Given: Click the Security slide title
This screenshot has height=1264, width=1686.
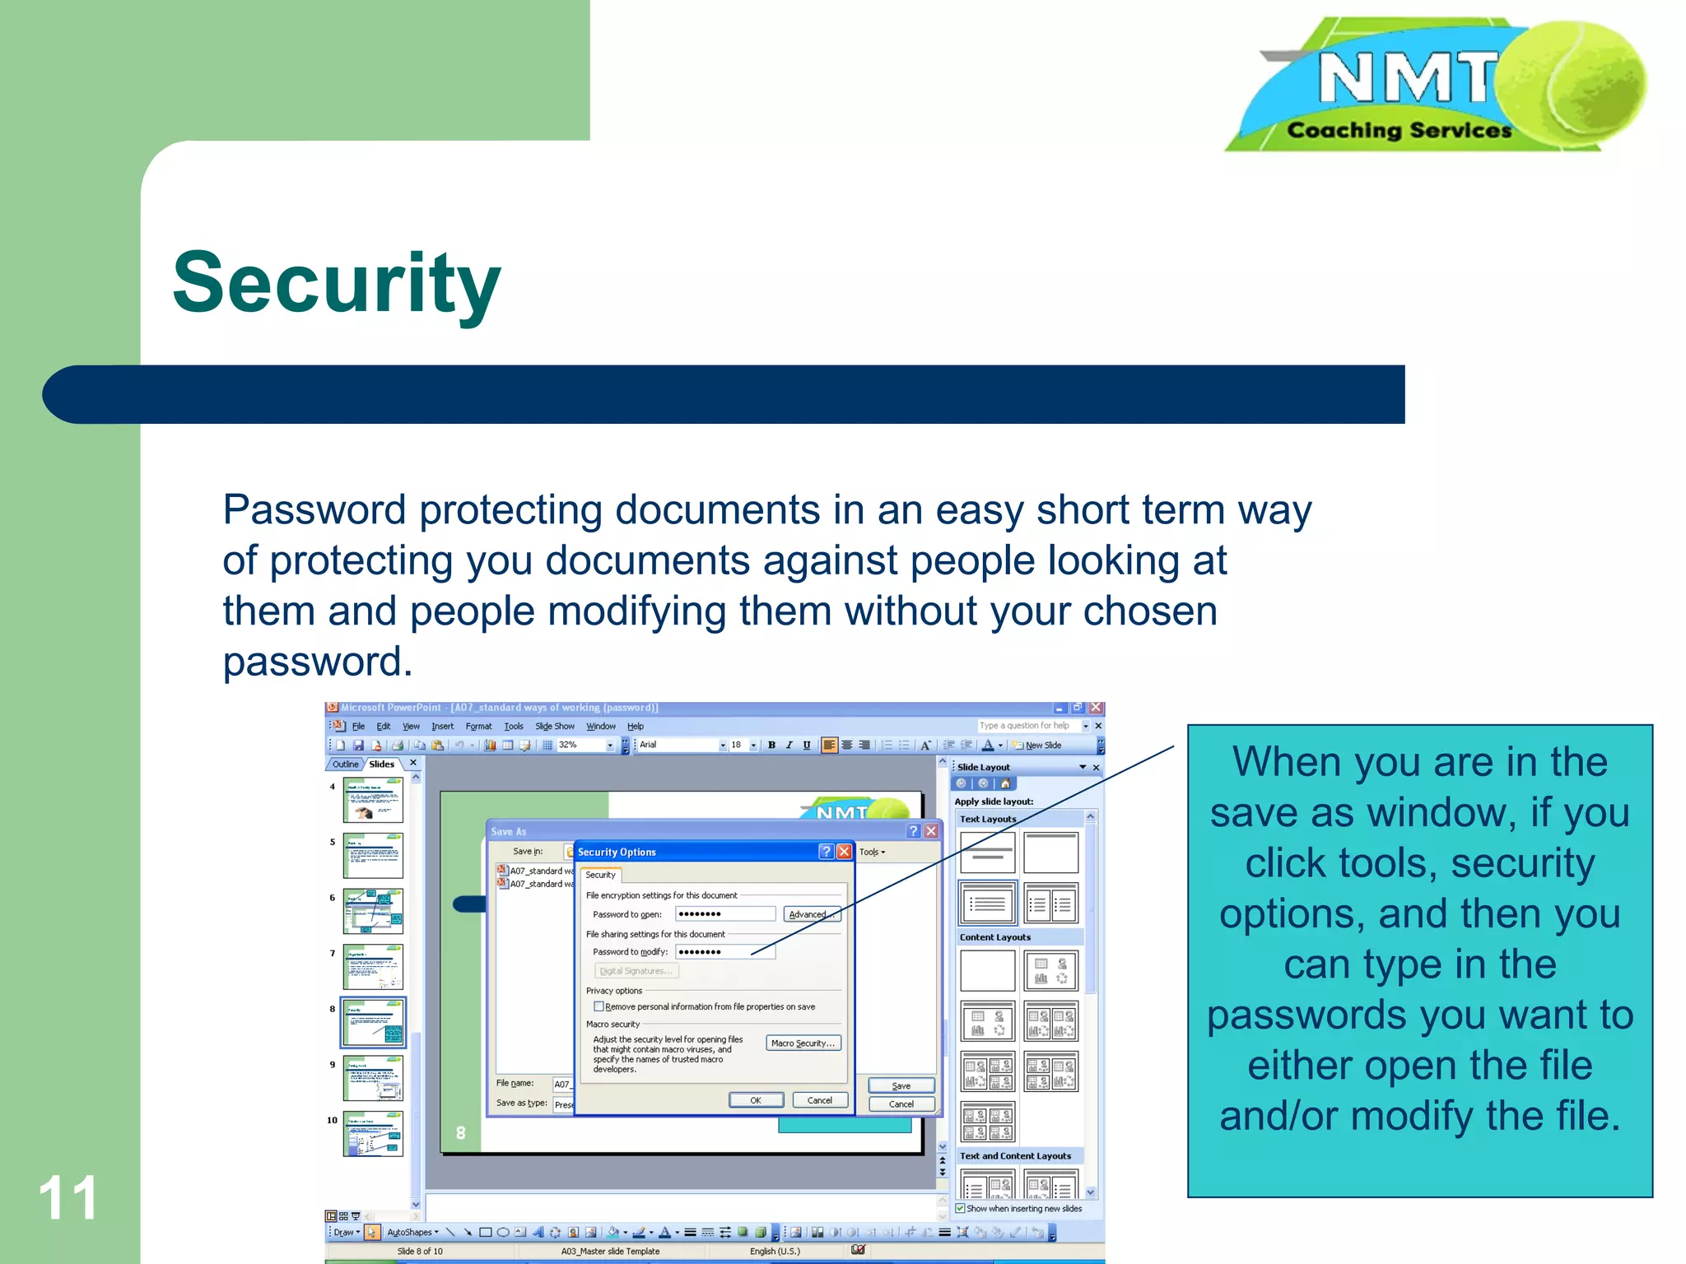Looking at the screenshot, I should click(336, 284).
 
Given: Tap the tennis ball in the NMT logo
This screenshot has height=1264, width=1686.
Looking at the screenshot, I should click(1571, 83).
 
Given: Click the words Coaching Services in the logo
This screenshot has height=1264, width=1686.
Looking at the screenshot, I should click(1399, 131).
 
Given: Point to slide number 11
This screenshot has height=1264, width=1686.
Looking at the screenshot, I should click(68, 1197).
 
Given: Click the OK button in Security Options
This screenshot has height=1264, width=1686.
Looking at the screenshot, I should click(755, 1100).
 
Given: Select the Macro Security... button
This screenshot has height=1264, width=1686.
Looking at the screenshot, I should click(803, 1043).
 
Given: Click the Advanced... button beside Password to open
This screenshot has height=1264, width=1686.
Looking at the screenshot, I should click(811, 914).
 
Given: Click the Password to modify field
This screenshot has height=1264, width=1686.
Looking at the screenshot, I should click(724, 952).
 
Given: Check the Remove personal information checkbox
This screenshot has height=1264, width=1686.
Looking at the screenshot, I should click(598, 1006).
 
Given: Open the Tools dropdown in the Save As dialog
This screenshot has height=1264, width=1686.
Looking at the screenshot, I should click(872, 852).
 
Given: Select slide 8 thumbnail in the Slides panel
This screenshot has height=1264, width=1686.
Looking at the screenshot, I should click(373, 1022).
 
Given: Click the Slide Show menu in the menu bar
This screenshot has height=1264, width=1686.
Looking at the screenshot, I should click(554, 727).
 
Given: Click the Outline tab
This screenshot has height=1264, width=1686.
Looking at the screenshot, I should click(345, 764).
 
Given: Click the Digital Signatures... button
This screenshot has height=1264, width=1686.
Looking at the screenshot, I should click(636, 971).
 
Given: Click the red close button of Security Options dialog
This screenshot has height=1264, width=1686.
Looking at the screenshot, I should click(844, 852).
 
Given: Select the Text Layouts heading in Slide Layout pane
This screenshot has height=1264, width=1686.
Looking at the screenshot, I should click(987, 819).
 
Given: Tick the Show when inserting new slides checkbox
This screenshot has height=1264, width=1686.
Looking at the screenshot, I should click(960, 1208).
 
